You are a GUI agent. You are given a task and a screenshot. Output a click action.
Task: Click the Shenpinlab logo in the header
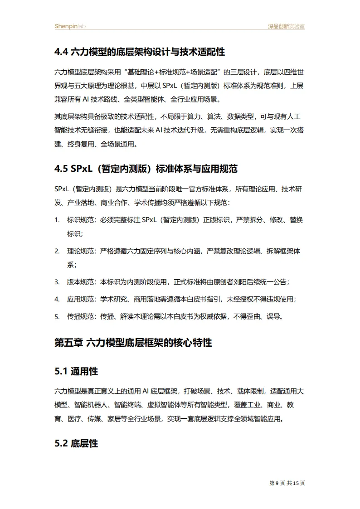coord(70,26)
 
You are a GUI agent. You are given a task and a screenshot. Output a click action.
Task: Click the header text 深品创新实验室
coord(284,26)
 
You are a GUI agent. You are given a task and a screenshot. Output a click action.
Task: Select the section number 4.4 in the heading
coord(61,52)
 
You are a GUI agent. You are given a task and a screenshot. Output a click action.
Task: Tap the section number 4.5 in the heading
coord(61,170)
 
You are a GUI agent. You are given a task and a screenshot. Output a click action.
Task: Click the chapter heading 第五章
coord(68,343)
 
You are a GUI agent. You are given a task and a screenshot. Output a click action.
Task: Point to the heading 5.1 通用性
coord(76,372)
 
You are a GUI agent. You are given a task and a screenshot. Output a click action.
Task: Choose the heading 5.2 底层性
coord(76,443)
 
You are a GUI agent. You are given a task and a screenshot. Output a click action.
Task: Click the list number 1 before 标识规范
coord(57,220)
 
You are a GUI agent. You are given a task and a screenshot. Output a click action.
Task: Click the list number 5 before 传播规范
coord(57,316)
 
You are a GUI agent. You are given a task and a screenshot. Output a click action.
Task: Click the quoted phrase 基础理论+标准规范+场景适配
coord(175,73)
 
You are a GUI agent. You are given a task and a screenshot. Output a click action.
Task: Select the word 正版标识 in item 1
coord(217,220)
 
